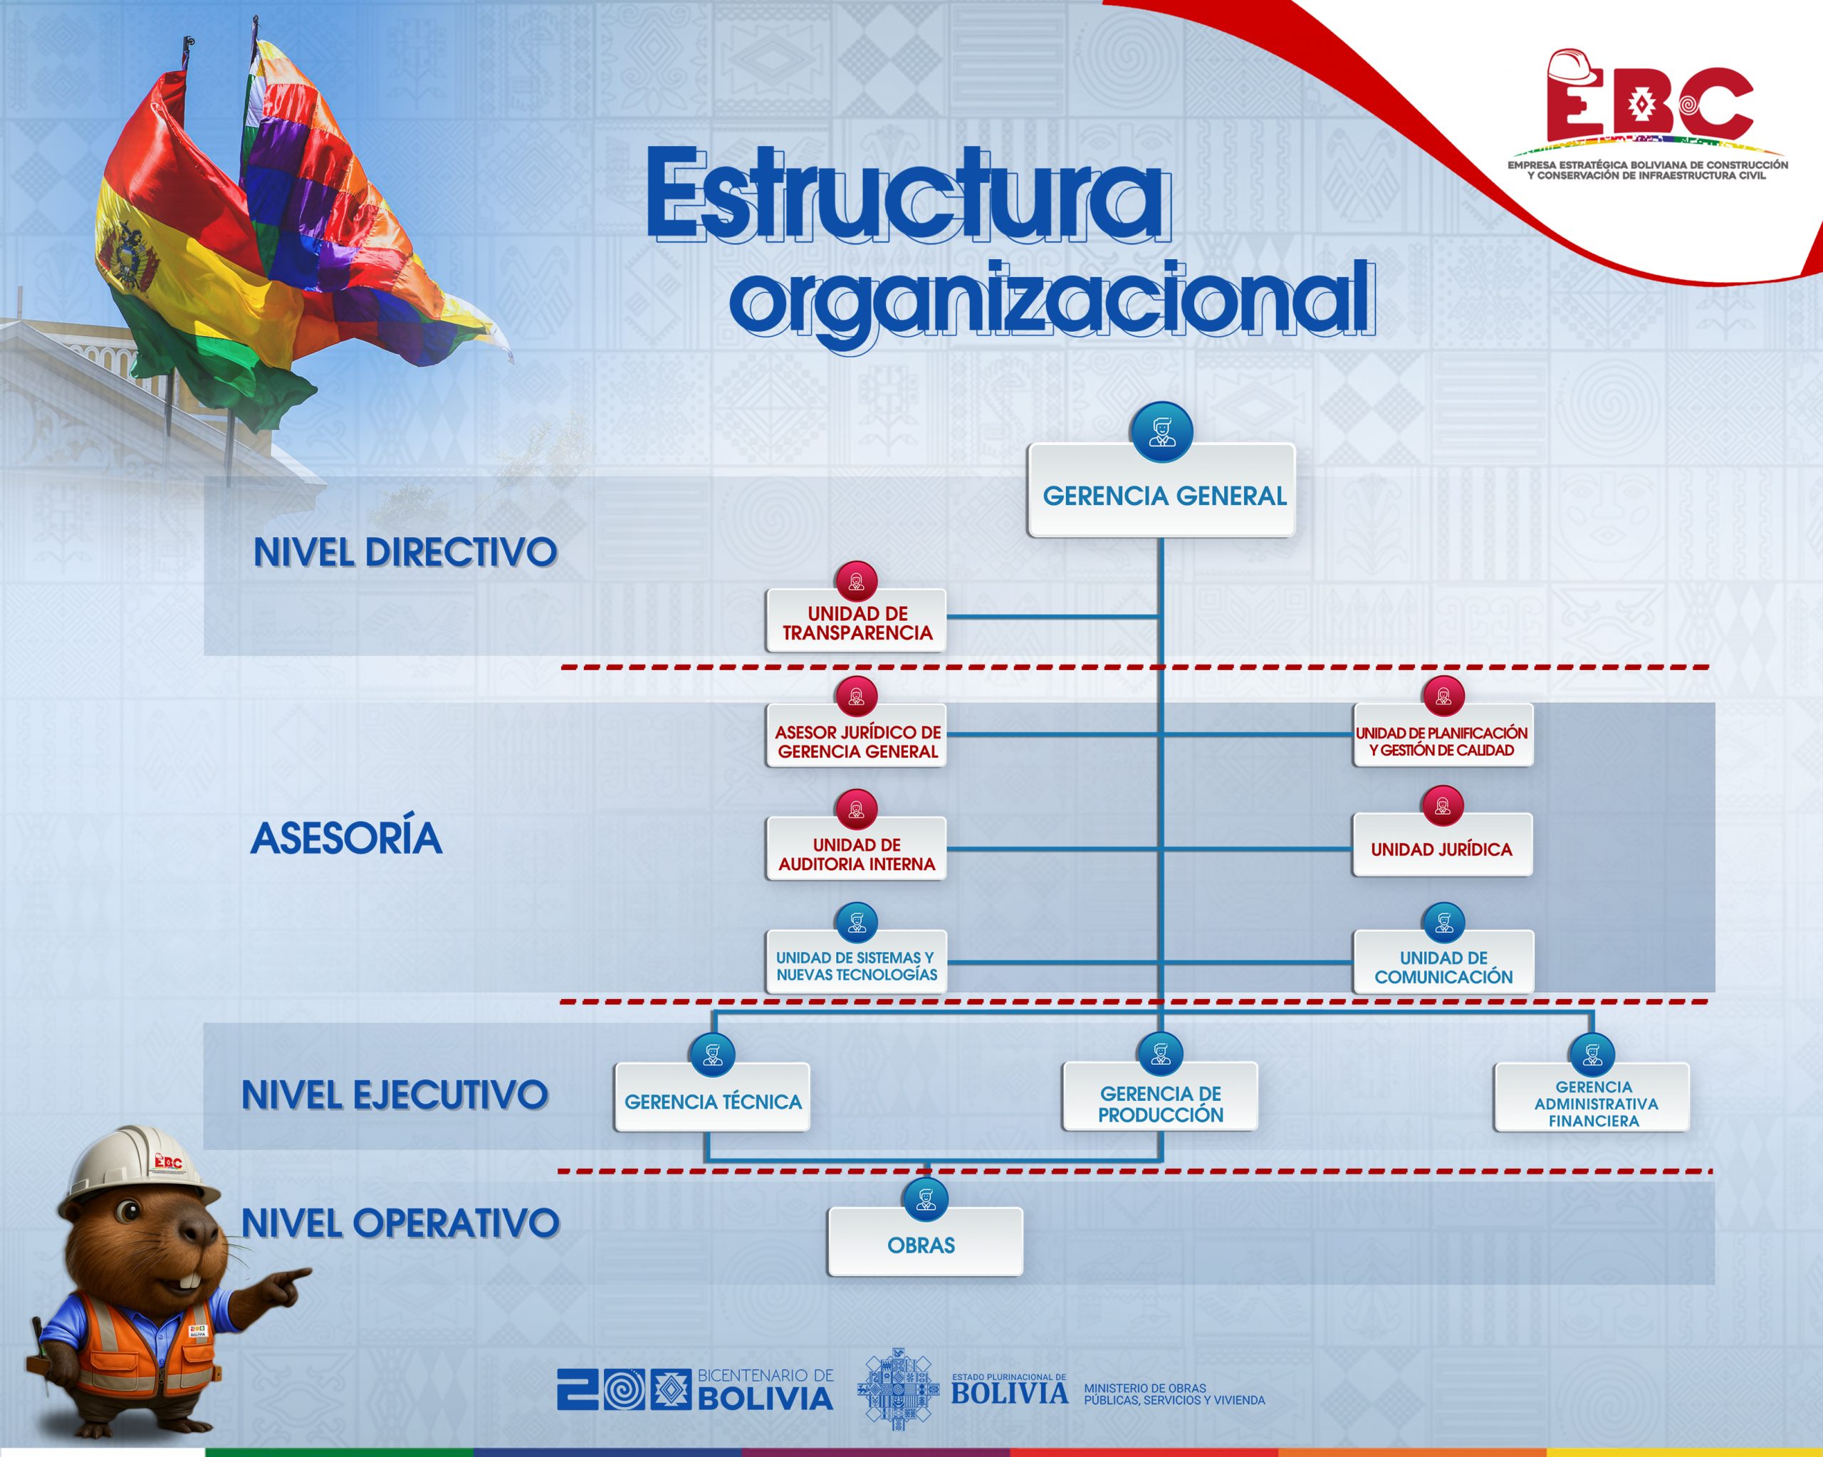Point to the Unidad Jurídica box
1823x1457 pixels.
1441,845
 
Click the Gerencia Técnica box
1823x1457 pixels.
712,1097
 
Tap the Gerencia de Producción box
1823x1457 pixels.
1160,1097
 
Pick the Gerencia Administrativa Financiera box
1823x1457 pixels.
1592,1097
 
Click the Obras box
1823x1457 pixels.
925,1241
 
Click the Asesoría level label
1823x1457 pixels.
346,838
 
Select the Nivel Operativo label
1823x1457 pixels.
400,1223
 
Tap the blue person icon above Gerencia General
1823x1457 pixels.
1161,432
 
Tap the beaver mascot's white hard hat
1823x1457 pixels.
140,1164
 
